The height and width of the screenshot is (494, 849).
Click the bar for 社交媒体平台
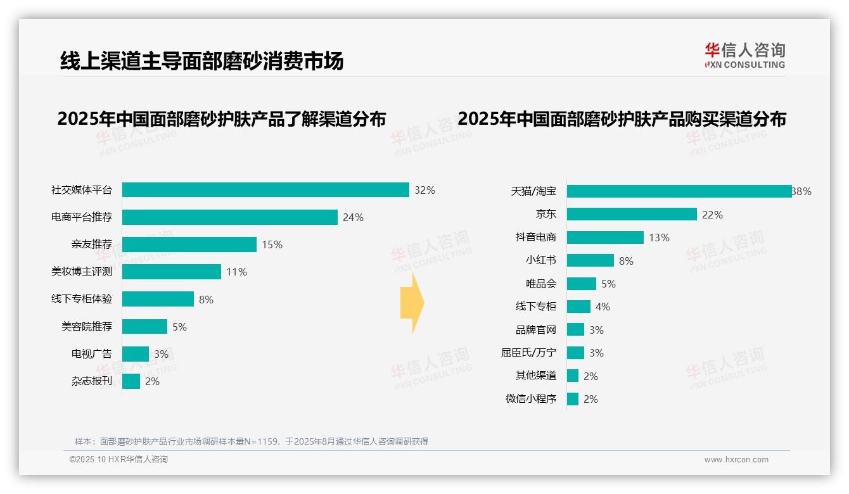pos(265,190)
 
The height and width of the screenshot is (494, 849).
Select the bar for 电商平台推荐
pos(229,217)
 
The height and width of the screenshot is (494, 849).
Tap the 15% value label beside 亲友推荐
pos(272,244)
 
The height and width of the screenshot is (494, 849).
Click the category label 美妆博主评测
pos(82,272)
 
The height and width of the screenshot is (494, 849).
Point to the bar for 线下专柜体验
pos(158,299)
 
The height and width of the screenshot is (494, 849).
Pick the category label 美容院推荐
pos(87,327)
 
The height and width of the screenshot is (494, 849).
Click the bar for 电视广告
pos(136,354)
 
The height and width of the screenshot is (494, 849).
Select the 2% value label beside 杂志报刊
pos(152,381)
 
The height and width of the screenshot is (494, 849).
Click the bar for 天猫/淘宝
pos(679,191)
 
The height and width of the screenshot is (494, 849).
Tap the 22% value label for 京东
pos(712,215)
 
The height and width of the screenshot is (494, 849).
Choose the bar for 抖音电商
pos(605,237)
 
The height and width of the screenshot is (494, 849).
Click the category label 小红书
pos(541,260)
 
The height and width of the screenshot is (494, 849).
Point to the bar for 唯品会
pos(582,284)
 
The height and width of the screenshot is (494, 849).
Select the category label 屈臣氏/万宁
pos(528,353)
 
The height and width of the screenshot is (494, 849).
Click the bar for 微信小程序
pos(573,399)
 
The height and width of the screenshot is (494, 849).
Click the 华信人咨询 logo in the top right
pos(744,56)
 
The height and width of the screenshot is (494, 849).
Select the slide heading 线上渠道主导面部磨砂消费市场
pos(201,61)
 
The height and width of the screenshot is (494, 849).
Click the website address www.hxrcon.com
pos(736,460)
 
